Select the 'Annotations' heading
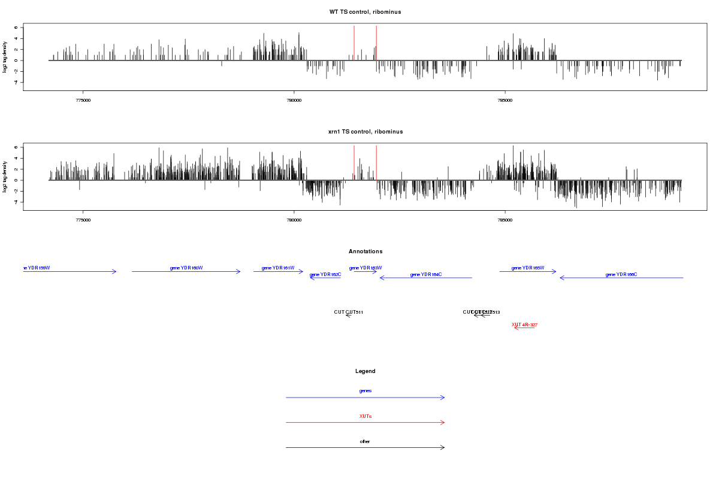point(365,251)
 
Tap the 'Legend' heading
point(365,371)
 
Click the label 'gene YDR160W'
point(186,268)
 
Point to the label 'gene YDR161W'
point(278,268)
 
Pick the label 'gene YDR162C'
point(325,274)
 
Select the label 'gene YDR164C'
point(426,274)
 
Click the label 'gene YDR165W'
point(528,268)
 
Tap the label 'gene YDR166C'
point(621,274)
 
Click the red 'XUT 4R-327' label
point(524,325)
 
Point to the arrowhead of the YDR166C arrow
point(561,278)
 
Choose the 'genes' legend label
point(365,390)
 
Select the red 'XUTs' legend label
point(365,416)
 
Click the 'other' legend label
point(365,441)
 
